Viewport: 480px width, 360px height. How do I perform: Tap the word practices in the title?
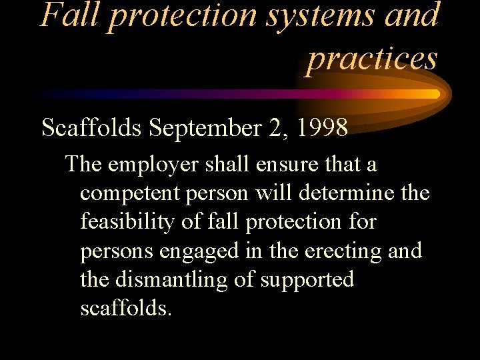click(372, 58)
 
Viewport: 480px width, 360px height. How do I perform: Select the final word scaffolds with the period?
click(126, 309)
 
